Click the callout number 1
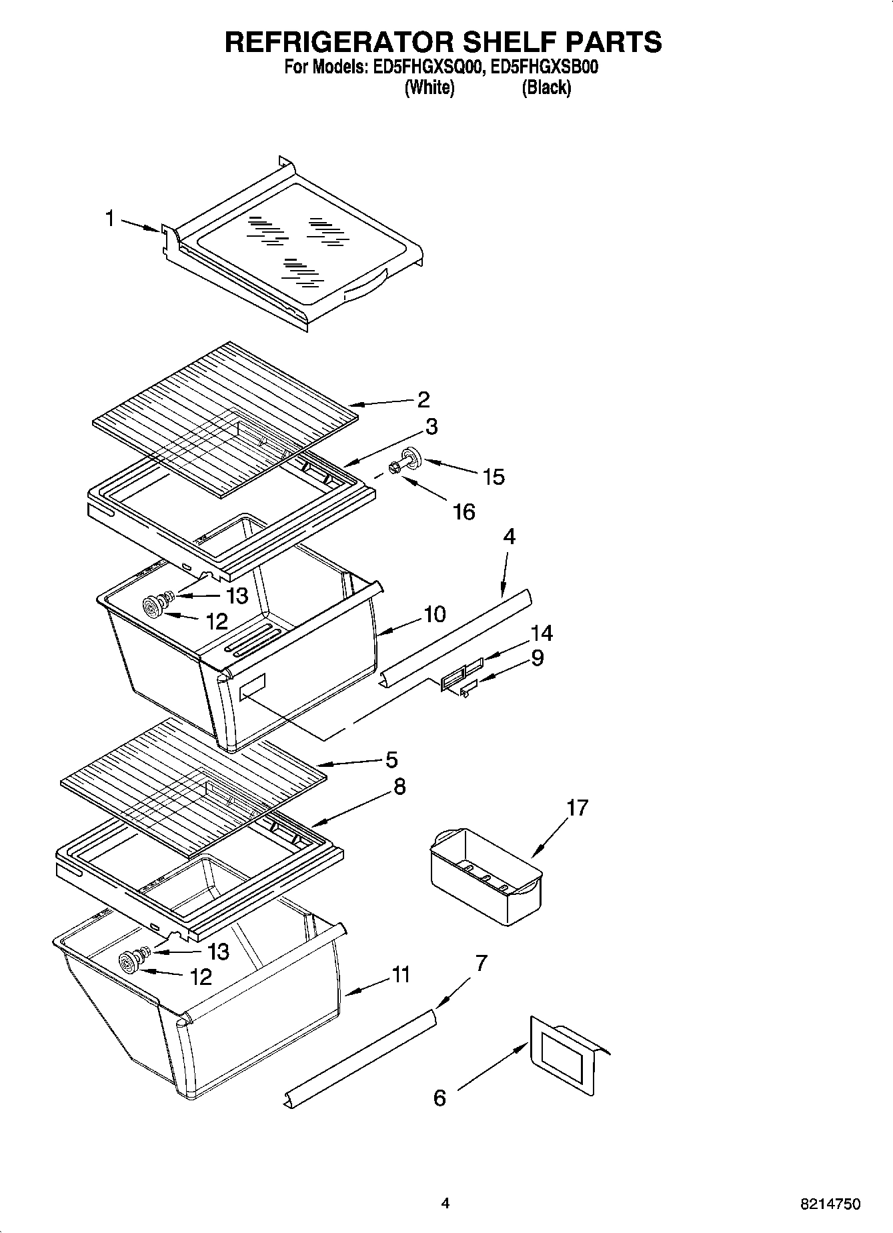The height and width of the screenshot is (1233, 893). point(111,219)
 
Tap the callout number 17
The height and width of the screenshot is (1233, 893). point(577,808)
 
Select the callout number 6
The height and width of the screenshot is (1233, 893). point(439,1098)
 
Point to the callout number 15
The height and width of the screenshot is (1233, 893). point(494,477)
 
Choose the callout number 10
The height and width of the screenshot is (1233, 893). point(434,614)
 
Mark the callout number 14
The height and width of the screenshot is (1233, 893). point(542,633)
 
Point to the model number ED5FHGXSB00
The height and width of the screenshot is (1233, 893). point(544,67)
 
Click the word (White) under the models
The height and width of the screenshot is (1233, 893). point(429,87)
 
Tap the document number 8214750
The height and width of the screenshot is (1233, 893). point(830,1204)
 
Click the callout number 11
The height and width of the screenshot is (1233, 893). point(401,975)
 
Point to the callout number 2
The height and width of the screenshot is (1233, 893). point(423,399)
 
